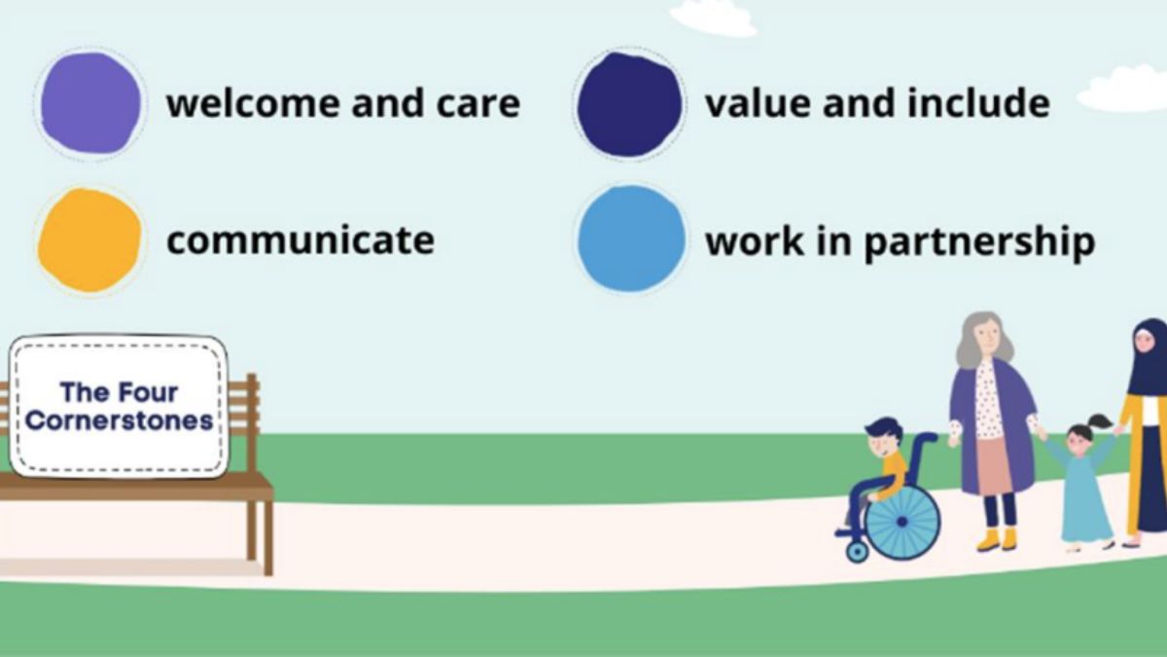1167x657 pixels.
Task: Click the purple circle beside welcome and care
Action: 90,103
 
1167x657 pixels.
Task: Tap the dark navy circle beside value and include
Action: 629,104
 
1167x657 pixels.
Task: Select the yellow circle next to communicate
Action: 89,240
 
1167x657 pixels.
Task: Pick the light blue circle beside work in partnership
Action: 630,239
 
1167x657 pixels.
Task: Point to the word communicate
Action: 300,240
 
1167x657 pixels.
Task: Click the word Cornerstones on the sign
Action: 120,421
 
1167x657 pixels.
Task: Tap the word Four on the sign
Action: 148,392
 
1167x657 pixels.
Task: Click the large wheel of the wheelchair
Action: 902,522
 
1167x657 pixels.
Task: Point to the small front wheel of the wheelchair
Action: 857,551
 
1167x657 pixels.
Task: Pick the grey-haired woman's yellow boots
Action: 997,538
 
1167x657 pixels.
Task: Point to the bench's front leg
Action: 267,537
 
